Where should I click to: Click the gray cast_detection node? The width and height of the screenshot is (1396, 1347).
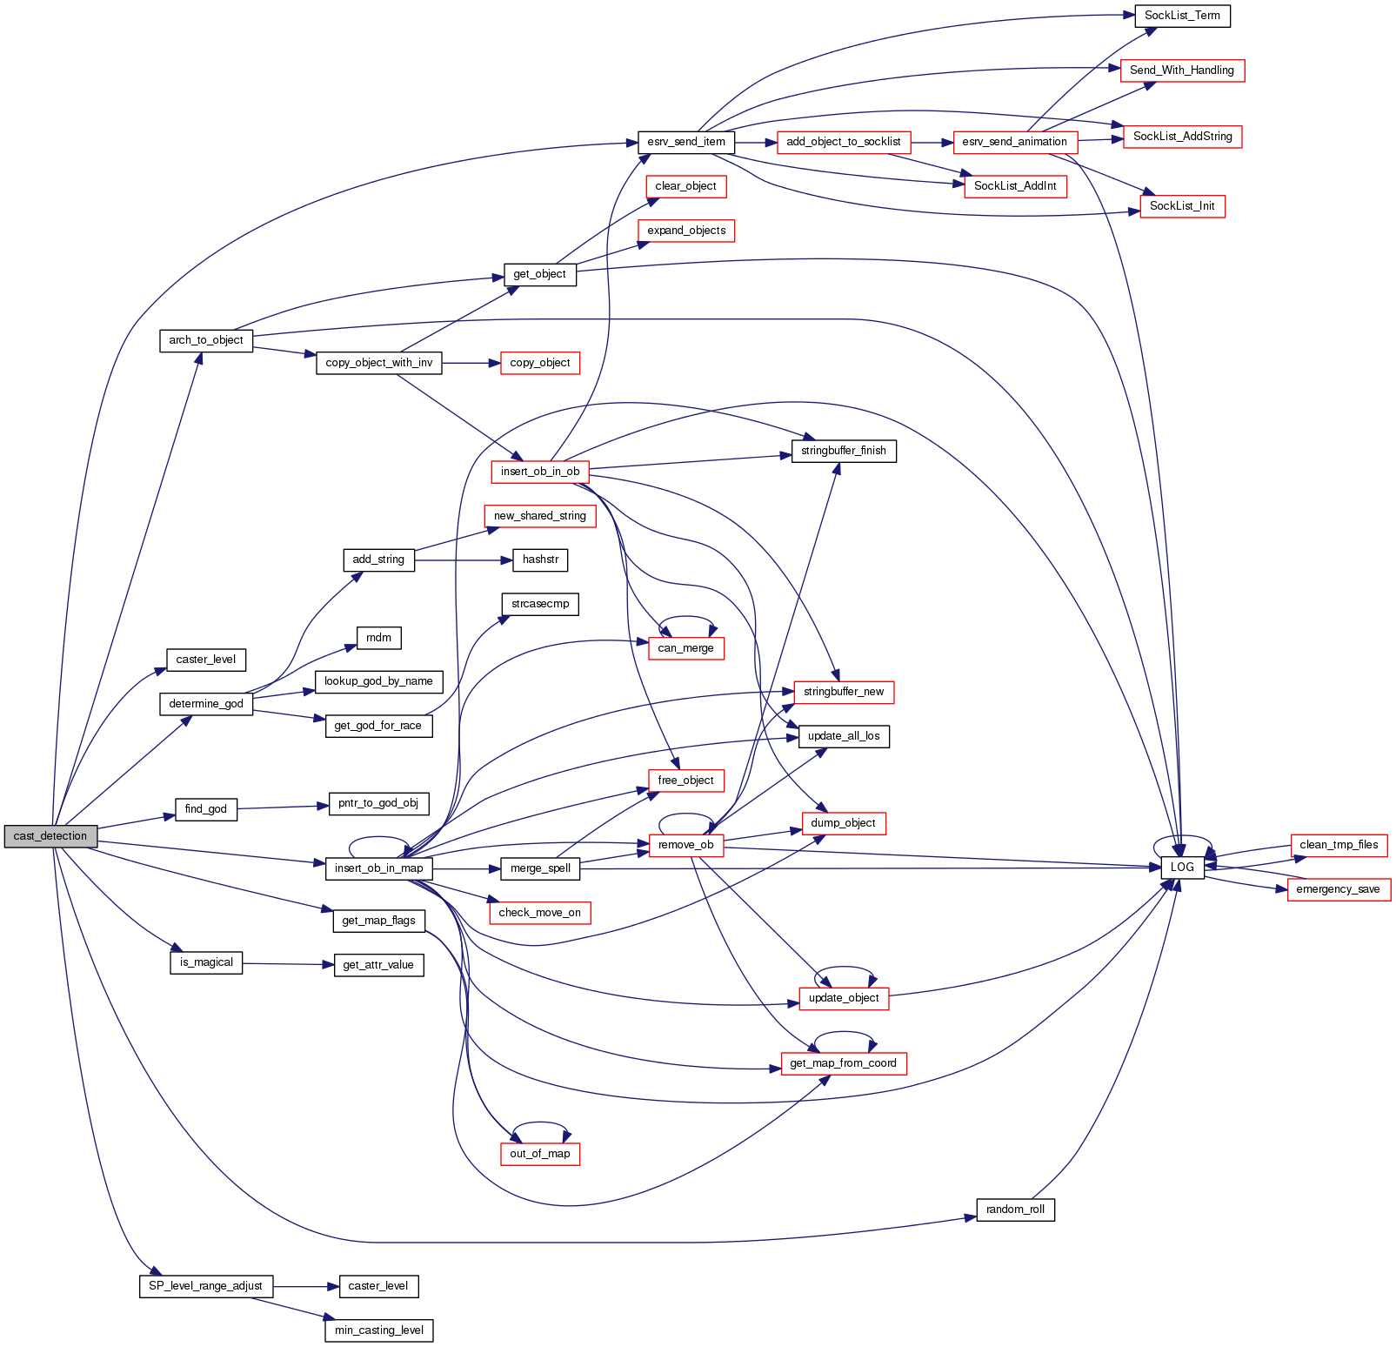tap(50, 836)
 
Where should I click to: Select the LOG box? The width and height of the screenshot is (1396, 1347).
tap(1182, 868)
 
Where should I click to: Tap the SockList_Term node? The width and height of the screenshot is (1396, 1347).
tap(1182, 16)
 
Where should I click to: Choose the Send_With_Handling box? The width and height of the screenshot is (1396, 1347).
tap(1182, 70)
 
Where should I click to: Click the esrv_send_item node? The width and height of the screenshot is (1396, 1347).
tap(686, 142)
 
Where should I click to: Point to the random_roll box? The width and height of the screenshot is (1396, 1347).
tap(1015, 1210)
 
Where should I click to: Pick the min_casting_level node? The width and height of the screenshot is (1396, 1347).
tap(379, 1330)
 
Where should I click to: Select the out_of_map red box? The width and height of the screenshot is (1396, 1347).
tap(540, 1154)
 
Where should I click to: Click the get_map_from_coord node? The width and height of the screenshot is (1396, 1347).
tap(843, 1063)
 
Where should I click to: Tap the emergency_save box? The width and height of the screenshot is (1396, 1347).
tap(1338, 889)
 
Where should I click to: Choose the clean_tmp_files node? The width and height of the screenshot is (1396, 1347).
tap(1339, 845)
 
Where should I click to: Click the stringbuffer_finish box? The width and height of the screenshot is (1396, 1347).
tap(843, 451)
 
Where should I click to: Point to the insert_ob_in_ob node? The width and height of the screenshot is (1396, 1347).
tap(540, 472)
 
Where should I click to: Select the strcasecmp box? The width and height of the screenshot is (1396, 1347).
tap(540, 604)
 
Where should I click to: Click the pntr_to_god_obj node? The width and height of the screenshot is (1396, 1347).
tap(378, 803)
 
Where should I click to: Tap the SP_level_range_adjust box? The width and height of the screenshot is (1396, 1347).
tap(205, 1286)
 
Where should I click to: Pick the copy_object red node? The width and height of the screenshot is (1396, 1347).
tap(540, 363)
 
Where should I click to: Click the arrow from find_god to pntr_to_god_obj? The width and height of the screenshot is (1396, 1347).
tap(283, 807)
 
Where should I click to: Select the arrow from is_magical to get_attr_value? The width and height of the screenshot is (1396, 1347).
tap(288, 964)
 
